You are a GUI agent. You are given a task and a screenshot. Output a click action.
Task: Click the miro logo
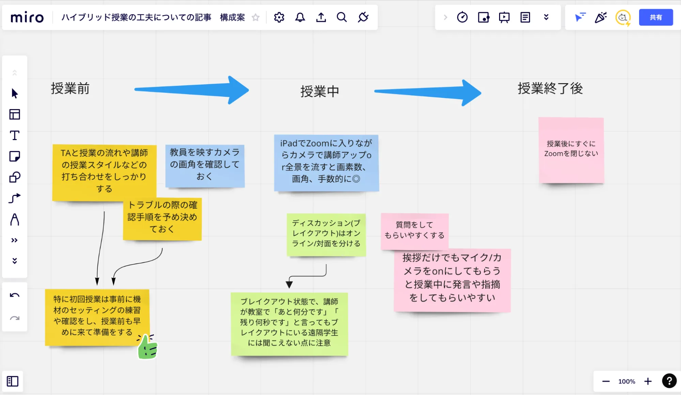point(27,17)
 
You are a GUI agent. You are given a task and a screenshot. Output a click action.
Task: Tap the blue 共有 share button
point(655,17)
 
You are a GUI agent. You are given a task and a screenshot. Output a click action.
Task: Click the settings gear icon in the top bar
point(279,17)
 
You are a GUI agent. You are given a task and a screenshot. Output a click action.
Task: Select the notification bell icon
point(300,17)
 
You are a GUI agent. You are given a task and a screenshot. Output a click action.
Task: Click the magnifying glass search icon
point(341,17)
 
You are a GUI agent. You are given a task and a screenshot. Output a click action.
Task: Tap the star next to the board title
point(256,17)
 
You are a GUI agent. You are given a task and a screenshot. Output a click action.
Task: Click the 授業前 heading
point(70,89)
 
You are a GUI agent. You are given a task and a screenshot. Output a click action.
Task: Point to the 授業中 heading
point(320,91)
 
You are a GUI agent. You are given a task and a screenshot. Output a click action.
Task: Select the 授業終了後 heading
point(550,89)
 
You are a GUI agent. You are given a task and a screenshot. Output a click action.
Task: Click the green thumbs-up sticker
point(148,347)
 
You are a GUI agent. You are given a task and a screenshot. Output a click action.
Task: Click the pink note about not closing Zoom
point(571,150)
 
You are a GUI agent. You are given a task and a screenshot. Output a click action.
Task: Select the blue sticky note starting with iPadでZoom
point(326,162)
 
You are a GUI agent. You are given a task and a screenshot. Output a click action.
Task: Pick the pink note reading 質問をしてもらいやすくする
point(414,230)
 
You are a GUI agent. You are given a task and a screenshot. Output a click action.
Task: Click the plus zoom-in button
point(648,381)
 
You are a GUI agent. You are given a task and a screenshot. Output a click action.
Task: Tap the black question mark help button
point(669,381)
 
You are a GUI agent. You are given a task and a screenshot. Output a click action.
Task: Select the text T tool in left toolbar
point(15,135)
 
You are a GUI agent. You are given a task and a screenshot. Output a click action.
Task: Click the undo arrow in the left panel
point(15,295)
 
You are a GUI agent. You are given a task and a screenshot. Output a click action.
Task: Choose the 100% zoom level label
point(626,381)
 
